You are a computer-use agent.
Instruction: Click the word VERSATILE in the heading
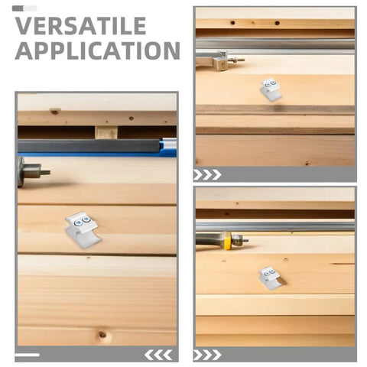click(x=81, y=26)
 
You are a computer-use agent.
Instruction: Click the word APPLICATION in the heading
click(x=98, y=51)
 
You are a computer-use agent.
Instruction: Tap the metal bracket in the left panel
click(x=83, y=229)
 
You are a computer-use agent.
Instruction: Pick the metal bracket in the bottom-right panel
click(x=271, y=278)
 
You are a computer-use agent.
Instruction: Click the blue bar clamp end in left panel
click(x=168, y=147)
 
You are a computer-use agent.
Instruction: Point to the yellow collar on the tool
click(x=227, y=241)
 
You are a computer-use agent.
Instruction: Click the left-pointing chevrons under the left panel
click(x=158, y=355)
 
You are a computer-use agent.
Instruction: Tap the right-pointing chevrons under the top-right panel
click(x=207, y=175)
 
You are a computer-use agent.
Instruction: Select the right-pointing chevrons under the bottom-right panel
click(x=207, y=355)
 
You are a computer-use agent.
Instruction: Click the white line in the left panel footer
click(x=28, y=355)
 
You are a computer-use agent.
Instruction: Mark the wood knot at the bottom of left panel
click(x=102, y=334)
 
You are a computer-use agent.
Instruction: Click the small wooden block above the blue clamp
click(x=106, y=132)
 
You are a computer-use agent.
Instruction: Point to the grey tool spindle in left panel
click(x=33, y=172)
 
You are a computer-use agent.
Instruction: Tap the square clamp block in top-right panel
click(x=220, y=63)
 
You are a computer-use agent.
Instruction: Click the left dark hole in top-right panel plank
click(x=232, y=23)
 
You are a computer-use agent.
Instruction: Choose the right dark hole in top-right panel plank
click(x=278, y=23)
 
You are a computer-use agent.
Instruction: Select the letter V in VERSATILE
click(x=24, y=26)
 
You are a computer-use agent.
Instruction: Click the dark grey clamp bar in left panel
click(x=89, y=146)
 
